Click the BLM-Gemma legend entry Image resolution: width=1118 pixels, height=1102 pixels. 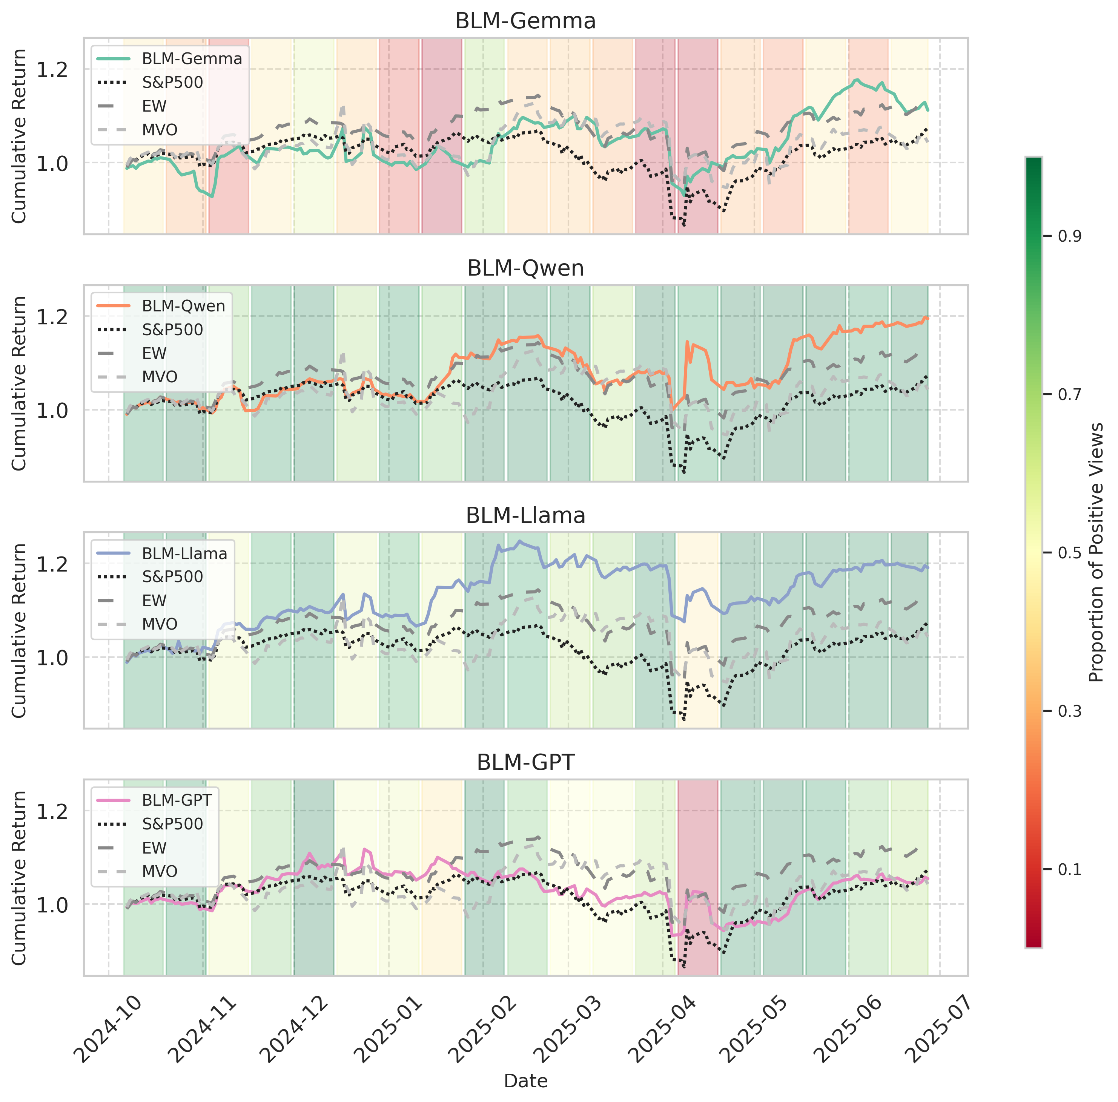[192, 58]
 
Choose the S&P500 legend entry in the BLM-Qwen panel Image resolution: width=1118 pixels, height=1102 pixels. [172, 330]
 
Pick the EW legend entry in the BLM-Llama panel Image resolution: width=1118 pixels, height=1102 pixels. [154, 601]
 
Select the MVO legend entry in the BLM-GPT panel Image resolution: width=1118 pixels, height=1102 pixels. [160, 871]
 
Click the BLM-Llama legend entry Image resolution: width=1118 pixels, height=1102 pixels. [184, 553]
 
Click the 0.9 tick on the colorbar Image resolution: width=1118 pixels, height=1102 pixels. [1069, 236]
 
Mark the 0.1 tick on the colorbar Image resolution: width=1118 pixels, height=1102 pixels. [1069, 869]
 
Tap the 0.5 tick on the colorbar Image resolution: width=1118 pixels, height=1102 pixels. [1069, 552]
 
